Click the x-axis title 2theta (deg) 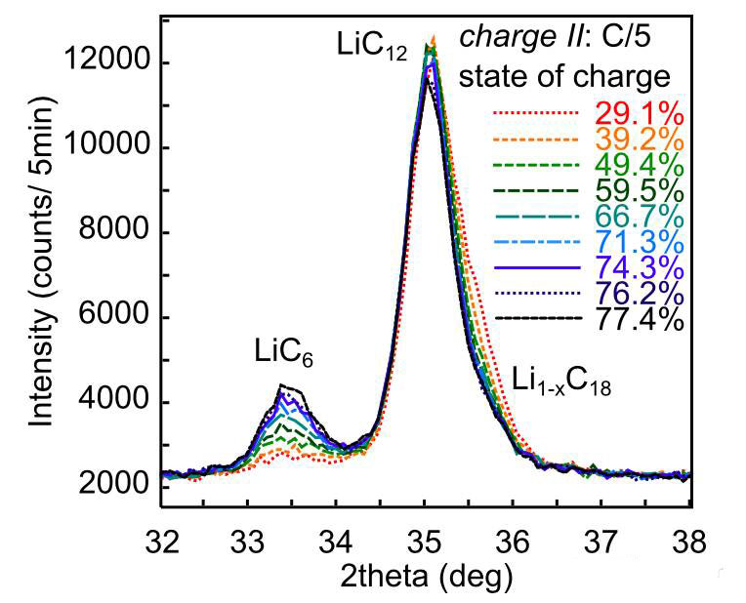[426, 577]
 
